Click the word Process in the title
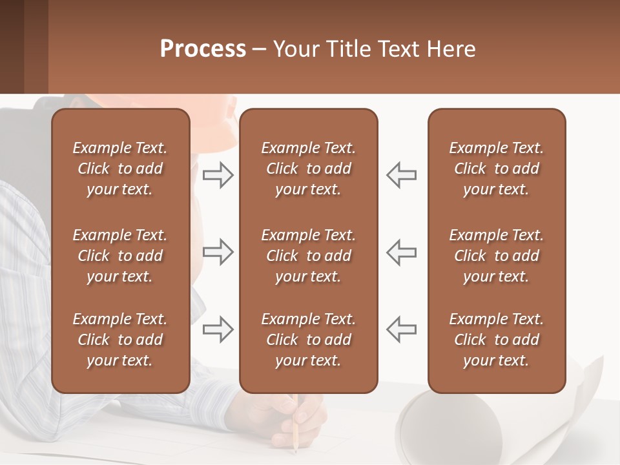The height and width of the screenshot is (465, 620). [x=203, y=49]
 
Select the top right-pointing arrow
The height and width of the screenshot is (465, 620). [x=218, y=175]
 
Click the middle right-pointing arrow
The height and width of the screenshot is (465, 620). [x=218, y=252]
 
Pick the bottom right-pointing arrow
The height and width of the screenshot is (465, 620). [x=218, y=329]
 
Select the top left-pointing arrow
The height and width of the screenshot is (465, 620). [x=402, y=175]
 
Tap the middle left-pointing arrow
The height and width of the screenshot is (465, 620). [x=402, y=252]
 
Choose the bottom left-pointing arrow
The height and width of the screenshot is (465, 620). [x=402, y=329]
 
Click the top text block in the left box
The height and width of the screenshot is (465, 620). [x=120, y=169]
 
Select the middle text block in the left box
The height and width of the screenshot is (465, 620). [x=120, y=256]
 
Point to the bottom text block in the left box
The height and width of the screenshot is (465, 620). [x=120, y=340]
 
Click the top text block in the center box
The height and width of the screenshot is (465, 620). [x=309, y=169]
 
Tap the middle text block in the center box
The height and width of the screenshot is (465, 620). [x=309, y=256]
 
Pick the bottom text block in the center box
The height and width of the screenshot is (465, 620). [x=309, y=340]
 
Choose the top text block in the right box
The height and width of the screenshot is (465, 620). [x=497, y=169]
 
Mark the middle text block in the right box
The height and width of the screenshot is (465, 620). [x=497, y=256]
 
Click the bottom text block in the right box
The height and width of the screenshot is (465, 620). [x=497, y=340]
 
